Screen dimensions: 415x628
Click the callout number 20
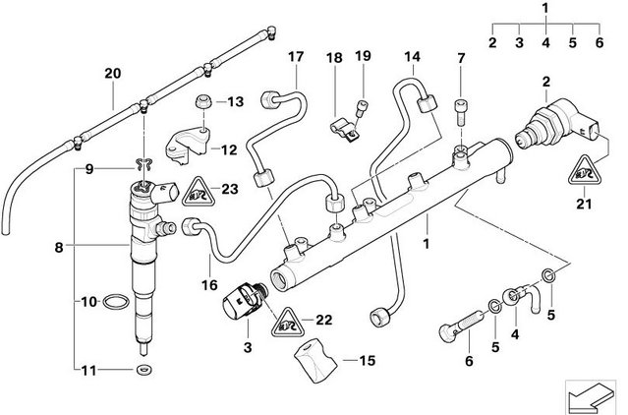112,73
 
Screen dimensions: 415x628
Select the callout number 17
295,57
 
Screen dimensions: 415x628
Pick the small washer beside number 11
143,370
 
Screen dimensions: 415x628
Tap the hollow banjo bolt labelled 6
454,322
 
